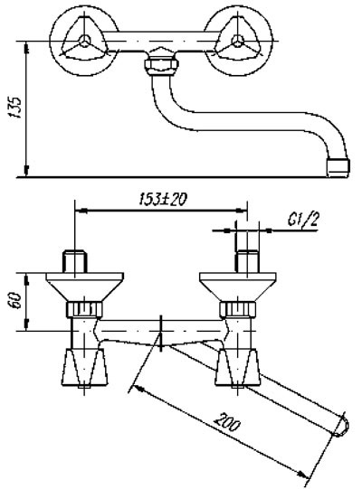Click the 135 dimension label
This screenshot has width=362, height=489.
(x=15, y=108)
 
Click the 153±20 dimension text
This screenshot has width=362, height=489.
(x=163, y=199)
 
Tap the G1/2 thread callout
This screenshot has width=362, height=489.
(x=302, y=220)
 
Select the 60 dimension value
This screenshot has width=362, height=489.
(x=15, y=300)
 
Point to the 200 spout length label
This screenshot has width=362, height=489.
(x=227, y=421)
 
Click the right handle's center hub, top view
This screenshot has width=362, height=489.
(x=238, y=41)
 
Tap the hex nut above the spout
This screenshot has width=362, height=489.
(x=161, y=64)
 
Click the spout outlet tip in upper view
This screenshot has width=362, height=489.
(x=338, y=168)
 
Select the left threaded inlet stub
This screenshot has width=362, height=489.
(x=75, y=261)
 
